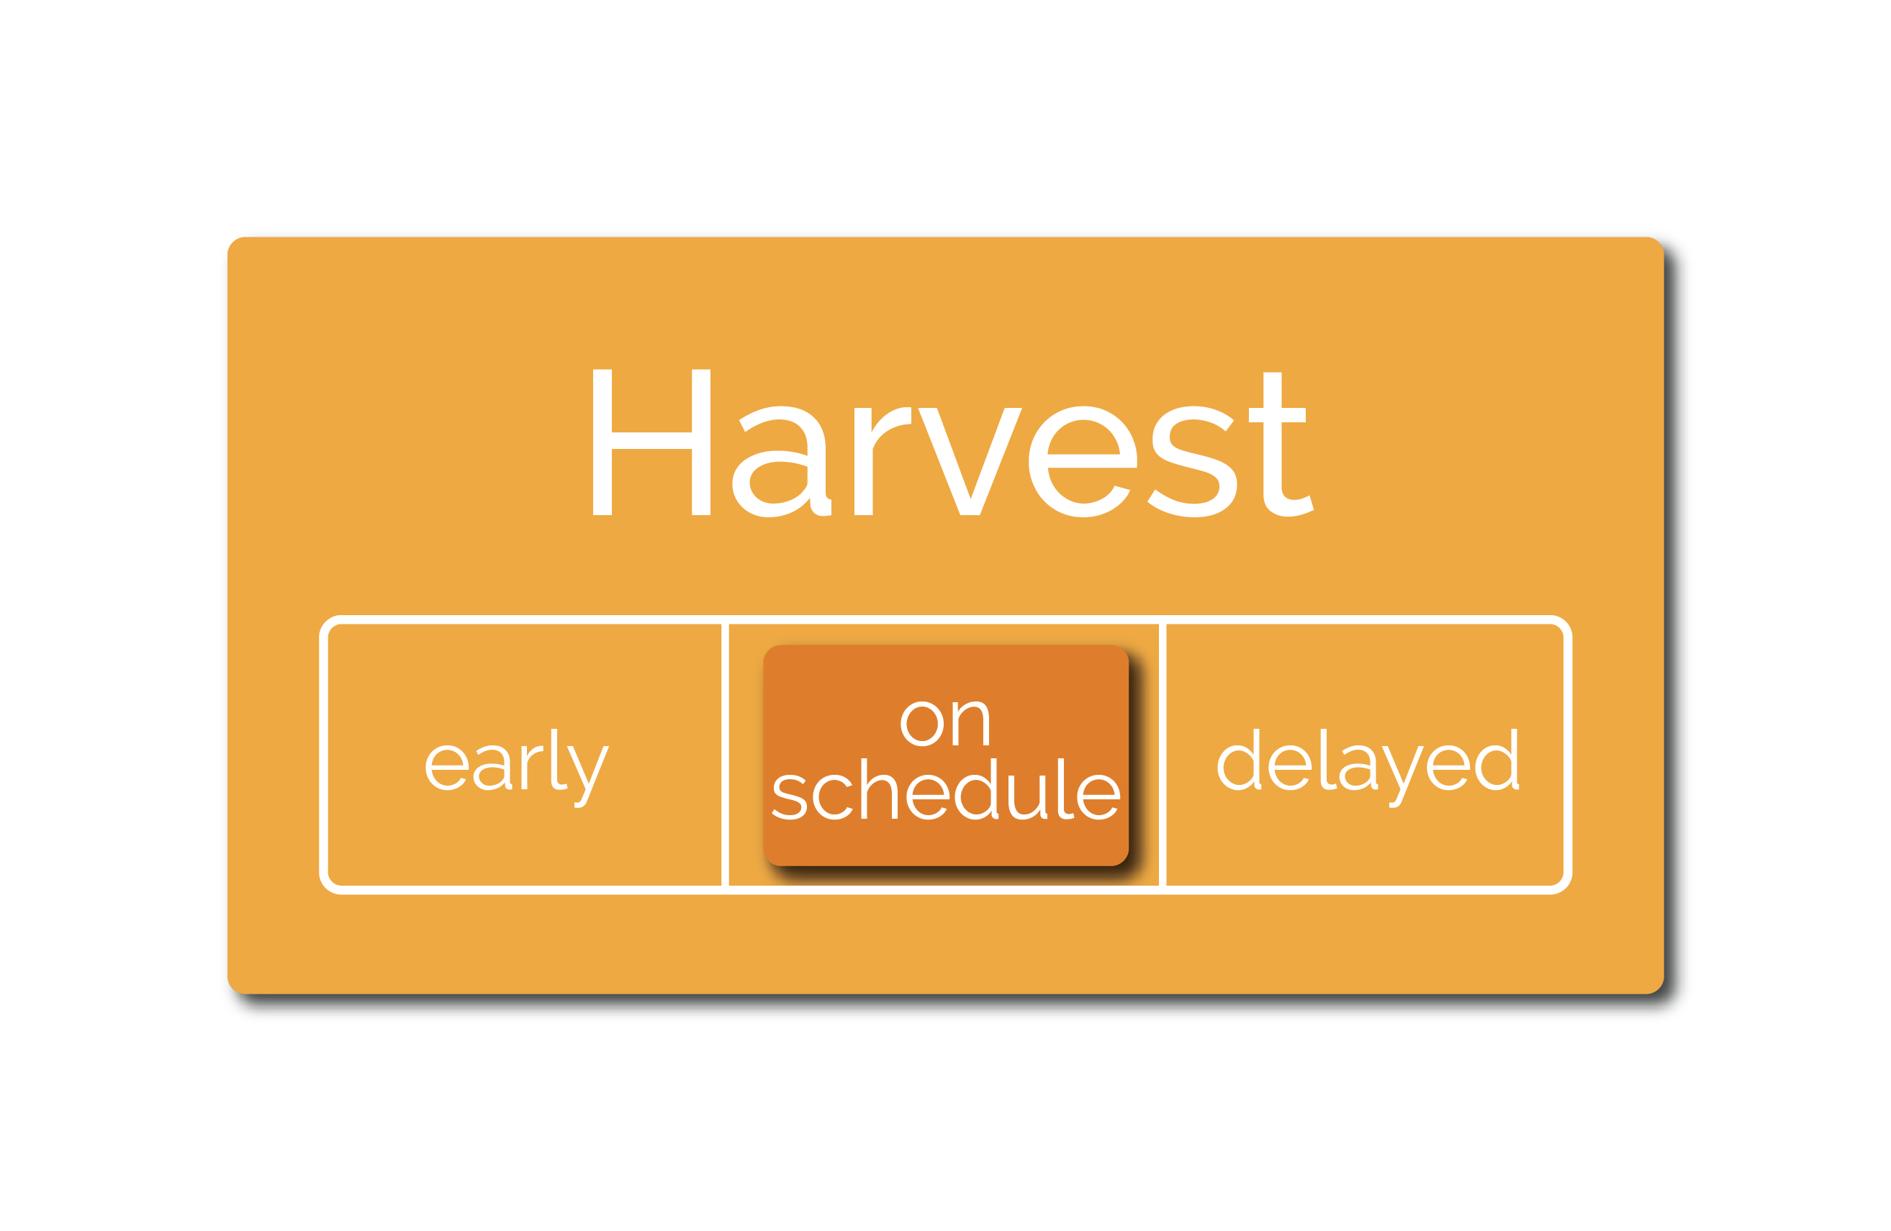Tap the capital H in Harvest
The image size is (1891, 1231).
[651, 442]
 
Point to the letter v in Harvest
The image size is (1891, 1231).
[970, 461]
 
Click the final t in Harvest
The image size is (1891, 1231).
[1280, 445]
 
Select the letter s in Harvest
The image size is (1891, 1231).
[1192, 461]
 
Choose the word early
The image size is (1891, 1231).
[518, 768]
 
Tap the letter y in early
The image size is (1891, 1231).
[588, 777]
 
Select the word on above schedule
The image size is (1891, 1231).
[944, 724]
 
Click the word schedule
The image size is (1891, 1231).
[946, 789]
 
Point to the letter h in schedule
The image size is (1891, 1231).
[879, 789]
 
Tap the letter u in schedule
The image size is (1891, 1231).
[1026, 797]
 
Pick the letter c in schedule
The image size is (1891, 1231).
[833, 797]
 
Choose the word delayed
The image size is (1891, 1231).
[1368, 768]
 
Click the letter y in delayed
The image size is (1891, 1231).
[1402, 777]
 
